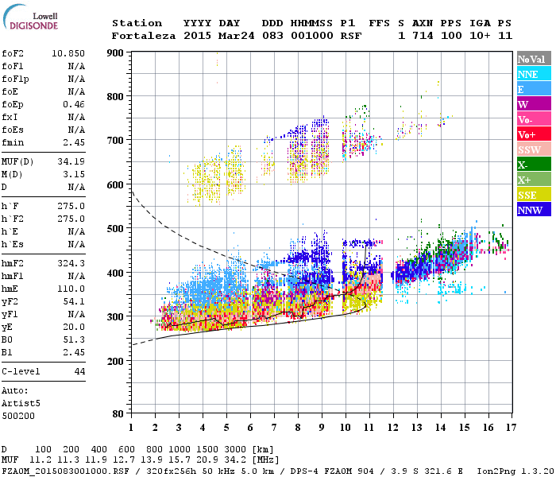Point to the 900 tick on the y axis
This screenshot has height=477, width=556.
pyautogui.click(x=116, y=52)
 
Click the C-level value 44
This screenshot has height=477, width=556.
pyautogui.click(x=79, y=371)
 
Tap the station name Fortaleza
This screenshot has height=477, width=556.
pyautogui.click(x=142, y=36)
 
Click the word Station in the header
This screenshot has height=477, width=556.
pyautogui.click(x=137, y=23)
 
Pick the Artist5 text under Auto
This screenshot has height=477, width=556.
pyautogui.click(x=21, y=403)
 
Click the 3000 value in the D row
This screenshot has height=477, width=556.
pyautogui.click(x=236, y=450)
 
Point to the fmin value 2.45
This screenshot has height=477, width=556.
pyautogui.click(x=74, y=142)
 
